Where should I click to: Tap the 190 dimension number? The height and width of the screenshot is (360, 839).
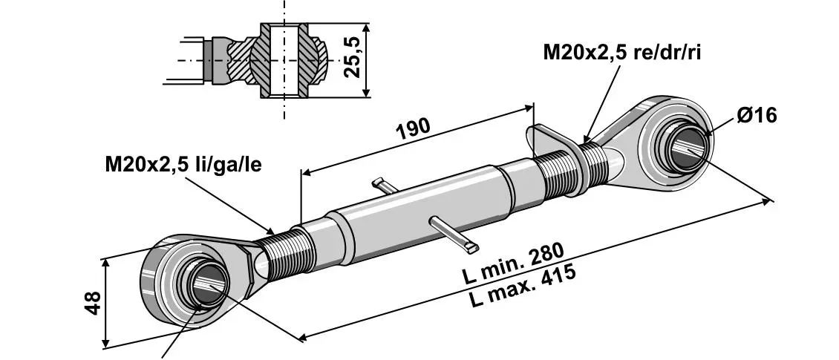[x=413, y=129]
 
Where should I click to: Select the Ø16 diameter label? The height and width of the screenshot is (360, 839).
[x=757, y=115]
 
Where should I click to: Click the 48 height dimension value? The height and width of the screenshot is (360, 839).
[x=94, y=303]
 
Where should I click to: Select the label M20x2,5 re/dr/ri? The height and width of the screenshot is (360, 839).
[x=621, y=53]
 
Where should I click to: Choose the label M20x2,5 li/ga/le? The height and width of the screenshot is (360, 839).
[x=183, y=165]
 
